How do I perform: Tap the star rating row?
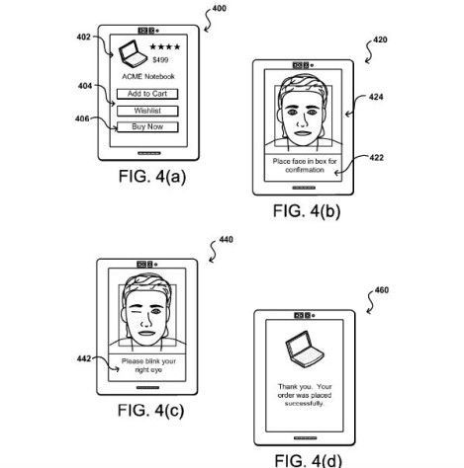tap(164, 45)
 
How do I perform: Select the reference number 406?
tap(83, 119)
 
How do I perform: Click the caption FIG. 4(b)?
tap(306, 210)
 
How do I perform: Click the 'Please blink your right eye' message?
tap(147, 365)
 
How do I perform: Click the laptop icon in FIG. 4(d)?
tap(299, 350)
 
